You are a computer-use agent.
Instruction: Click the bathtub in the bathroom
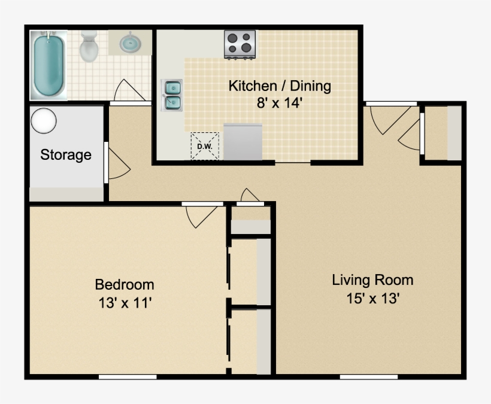click(49, 65)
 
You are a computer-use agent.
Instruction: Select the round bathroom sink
click(131, 43)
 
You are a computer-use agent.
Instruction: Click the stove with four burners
click(240, 45)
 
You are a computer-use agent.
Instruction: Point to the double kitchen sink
click(172, 96)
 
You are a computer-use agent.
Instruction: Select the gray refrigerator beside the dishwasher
click(243, 142)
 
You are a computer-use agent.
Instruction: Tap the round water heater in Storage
click(44, 121)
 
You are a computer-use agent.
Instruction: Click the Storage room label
click(66, 155)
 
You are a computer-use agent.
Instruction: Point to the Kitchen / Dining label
click(279, 86)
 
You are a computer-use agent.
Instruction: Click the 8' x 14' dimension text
click(279, 102)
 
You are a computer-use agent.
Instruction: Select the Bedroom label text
click(125, 284)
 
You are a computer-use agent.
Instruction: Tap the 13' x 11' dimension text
click(125, 303)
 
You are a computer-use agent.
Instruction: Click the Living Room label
click(372, 280)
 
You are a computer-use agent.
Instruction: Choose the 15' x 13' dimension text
click(372, 298)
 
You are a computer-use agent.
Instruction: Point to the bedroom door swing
click(201, 217)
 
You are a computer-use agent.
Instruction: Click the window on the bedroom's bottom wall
click(128, 376)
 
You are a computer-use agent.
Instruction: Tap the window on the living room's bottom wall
click(368, 376)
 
